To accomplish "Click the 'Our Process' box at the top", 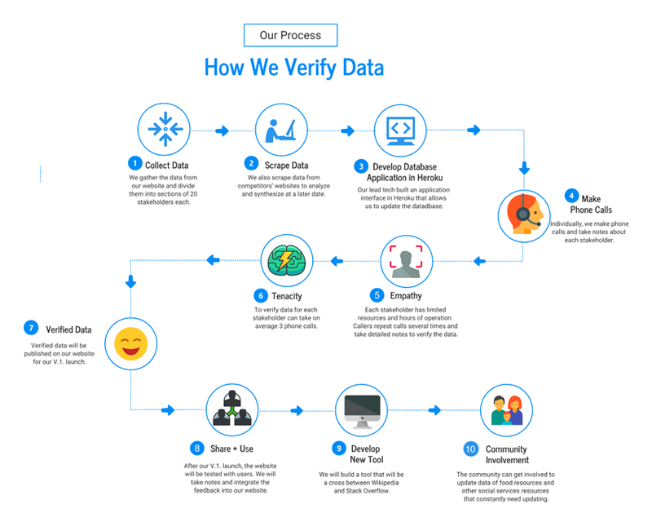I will coord(290,35).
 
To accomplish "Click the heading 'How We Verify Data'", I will coord(293,66).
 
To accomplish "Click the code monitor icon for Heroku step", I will coord(400,130).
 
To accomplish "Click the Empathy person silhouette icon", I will coord(407,260).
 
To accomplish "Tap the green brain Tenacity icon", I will coord(286,260).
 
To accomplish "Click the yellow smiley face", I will coord(130,344).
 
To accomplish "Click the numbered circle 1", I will coord(135,165).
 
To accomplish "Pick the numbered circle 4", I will coord(572,196).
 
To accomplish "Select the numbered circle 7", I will coord(31,329).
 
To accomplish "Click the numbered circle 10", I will coord(470,449).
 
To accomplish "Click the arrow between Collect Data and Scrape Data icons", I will coord(222,130).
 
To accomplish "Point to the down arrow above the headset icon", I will coord(524,170).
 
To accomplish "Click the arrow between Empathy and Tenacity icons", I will coord(337,261).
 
